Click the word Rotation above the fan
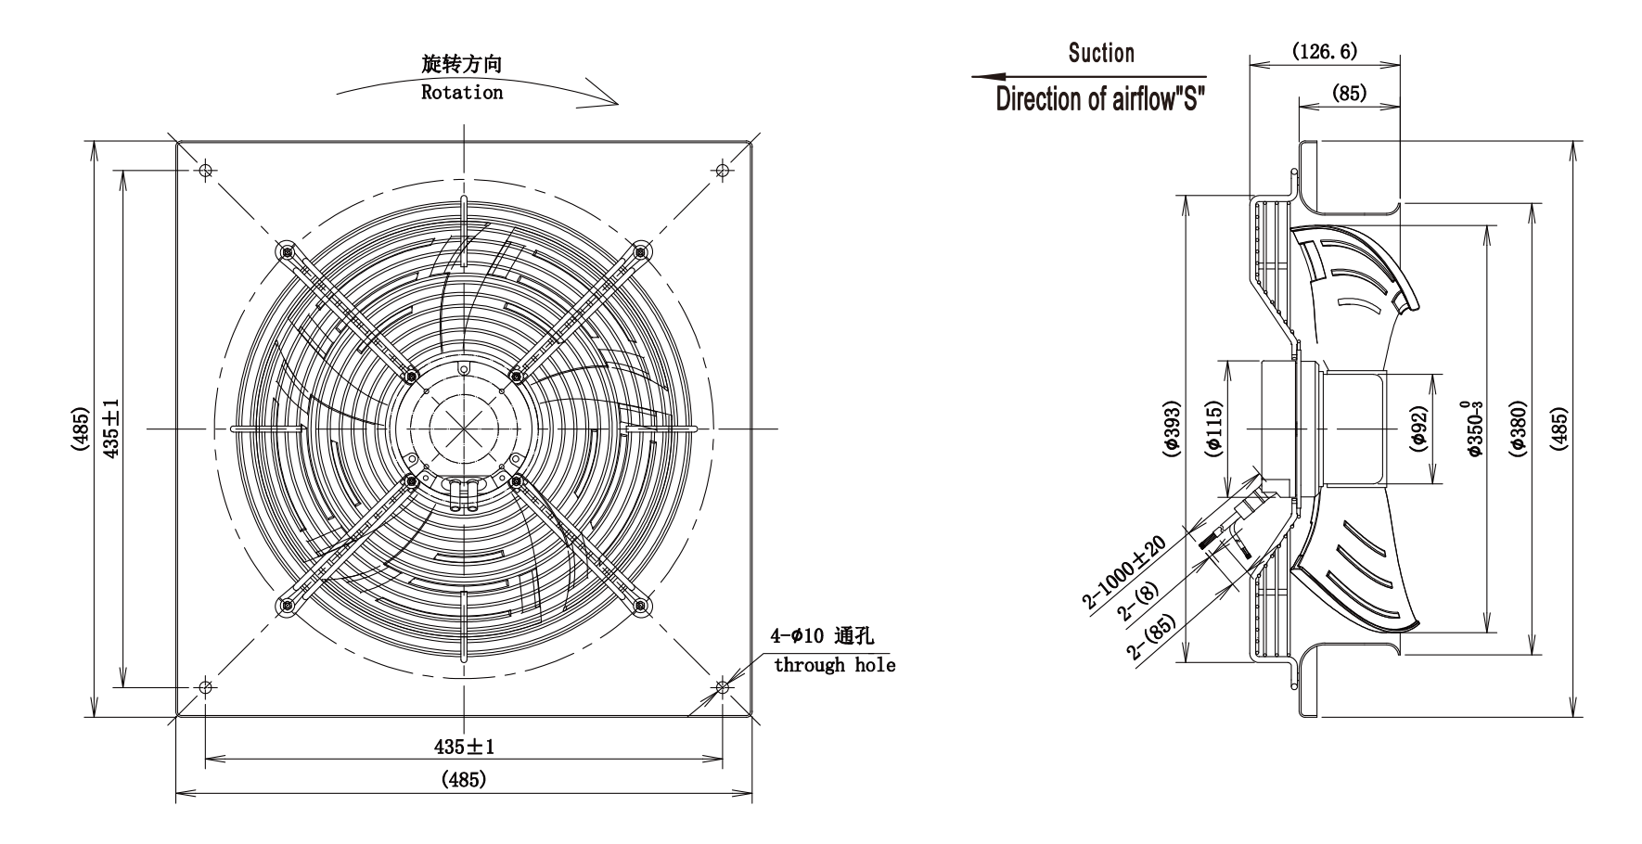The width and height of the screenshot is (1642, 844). point(462,93)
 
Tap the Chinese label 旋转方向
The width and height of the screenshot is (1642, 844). point(462,64)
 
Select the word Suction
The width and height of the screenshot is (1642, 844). point(1101,53)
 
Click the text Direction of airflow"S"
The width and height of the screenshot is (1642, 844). point(1100,98)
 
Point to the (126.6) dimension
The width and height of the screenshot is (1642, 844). point(1325,51)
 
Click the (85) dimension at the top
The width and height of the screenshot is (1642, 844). point(1349,93)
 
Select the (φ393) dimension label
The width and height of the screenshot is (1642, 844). point(1172,428)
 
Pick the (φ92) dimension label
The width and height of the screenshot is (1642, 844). point(1418,428)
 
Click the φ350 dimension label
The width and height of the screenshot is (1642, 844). point(1471,428)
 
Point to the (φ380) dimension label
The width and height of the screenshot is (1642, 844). point(1518,428)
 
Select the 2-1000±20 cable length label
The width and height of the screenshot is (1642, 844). point(1123,569)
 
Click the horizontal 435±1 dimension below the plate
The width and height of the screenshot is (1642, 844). point(464,747)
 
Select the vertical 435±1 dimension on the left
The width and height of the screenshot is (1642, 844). point(110,428)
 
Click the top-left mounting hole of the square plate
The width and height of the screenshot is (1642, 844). point(206,170)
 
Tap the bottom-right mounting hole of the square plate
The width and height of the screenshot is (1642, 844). point(723,687)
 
